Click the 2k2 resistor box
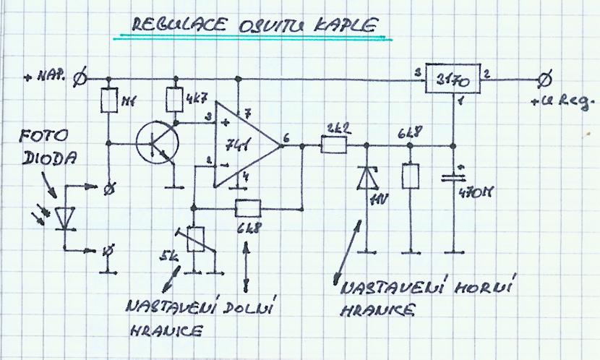tap(333, 147)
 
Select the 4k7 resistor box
tap(174, 99)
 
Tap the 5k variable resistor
tap(194, 239)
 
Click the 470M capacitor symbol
tap(453, 176)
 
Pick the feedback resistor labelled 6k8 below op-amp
tap(249, 209)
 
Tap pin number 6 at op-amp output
tap(288, 137)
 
